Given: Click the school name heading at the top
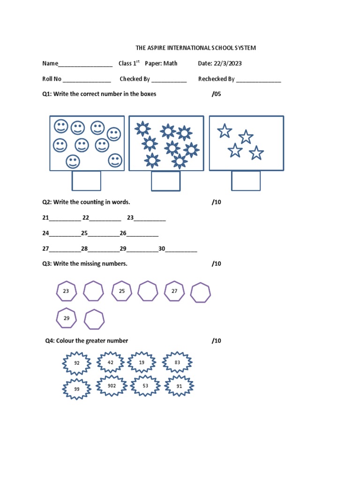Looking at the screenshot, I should coord(195,48).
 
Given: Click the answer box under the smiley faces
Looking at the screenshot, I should coord(86,181).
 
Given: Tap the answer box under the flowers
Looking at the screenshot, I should coord(166,181).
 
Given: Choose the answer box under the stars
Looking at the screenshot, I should coord(246,181).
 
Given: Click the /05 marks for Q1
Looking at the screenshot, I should coord(216,94).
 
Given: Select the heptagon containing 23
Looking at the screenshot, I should coord(66,292).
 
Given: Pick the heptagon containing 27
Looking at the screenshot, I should coord(174,292).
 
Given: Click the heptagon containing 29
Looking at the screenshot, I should coord(66,318).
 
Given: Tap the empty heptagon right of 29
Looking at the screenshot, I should coord(94,319).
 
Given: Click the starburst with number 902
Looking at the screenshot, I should coord(112,386).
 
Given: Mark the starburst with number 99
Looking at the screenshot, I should coord(77,389).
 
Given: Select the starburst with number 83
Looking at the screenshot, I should coord(177,363).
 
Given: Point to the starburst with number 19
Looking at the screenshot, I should coord(142,363).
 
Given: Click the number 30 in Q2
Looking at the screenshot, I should coord(162,248).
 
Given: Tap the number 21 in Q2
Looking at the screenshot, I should coord(45,218).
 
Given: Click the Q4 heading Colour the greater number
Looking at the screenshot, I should coord(87,341).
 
